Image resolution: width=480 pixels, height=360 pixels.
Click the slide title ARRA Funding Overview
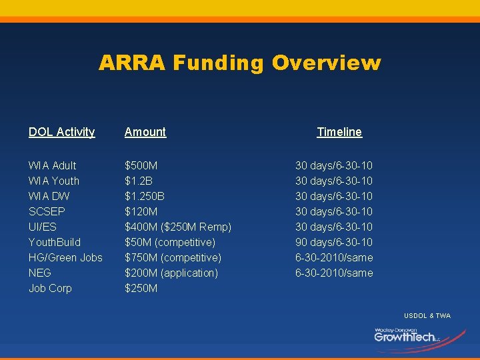pyautogui.click(x=240, y=63)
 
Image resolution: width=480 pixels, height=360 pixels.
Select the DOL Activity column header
pyautogui.click(x=61, y=132)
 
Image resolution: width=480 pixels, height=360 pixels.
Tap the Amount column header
pyautogui.click(x=145, y=132)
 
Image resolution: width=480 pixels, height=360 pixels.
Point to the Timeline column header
pyautogui.click(x=339, y=132)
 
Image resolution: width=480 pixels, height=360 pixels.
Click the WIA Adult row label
pyautogui.click(x=52, y=165)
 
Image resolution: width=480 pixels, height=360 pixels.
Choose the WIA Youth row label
pyautogui.click(x=53, y=181)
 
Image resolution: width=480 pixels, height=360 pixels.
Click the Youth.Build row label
pyautogui.click(x=54, y=242)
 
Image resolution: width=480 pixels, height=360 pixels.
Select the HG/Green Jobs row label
pyautogui.click(x=65, y=257)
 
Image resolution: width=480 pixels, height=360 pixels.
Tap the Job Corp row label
pyautogui.click(x=50, y=288)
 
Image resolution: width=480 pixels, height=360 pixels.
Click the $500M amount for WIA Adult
pyautogui.click(x=141, y=165)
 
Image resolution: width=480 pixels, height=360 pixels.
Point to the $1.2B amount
pyautogui.click(x=139, y=181)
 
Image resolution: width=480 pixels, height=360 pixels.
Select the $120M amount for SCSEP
pyautogui.click(x=141, y=211)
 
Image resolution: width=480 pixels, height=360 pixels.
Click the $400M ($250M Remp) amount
pyautogui.click(x=178, y=227)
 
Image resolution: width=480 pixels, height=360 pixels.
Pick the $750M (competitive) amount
pyautogui.click(x=173, y=257)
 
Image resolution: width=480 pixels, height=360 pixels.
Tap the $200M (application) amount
pyautogui.click(x=171, y=273)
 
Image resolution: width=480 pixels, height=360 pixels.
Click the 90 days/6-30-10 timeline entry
pyautogui.click(x=334, y=242)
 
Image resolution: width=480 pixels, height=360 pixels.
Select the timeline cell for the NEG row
pyautogui.click(x=334, y=273)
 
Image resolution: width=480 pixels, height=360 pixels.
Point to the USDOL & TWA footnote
pyautogui.click(x=427, y=315)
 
